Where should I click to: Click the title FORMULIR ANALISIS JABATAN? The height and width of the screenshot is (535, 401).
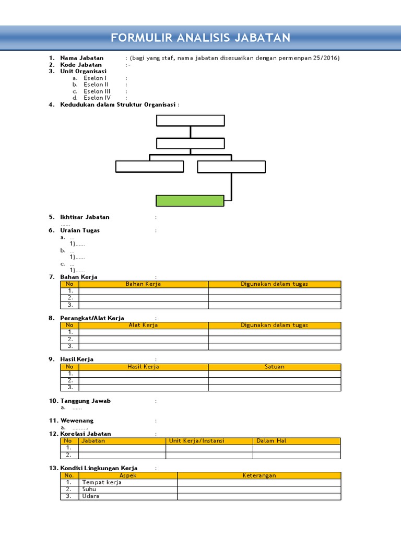click(x=200, y=38)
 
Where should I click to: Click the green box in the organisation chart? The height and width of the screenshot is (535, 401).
click(x=190, y=201)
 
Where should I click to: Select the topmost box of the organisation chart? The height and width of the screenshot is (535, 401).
click(x=190, y=121)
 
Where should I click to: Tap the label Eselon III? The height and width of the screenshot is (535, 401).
click(x=97, y=91)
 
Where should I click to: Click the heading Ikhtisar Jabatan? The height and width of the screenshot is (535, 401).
click(x=85, y=217)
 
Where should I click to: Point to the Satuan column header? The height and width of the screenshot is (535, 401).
click(x=275, y=367)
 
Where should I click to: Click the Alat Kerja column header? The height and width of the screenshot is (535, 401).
click(x=144, y=325)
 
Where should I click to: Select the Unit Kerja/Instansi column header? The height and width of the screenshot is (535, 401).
click(x=196, y=441)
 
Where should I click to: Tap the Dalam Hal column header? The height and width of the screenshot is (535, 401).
click(x=272, y=441)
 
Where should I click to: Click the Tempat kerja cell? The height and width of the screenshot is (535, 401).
click(x=102, y=482)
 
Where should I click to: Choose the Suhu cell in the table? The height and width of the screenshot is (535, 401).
click(x=89, y=489)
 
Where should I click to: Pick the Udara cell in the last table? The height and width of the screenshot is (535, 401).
click(x=91, y=496)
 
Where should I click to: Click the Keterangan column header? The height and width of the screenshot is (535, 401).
click(x=259, y=475)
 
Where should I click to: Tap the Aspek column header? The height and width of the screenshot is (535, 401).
click(x=128, y=475)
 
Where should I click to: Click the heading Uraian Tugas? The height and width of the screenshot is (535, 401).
click(x=80, y=230)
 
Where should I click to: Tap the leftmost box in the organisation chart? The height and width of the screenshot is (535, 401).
click(x=149, y=167)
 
